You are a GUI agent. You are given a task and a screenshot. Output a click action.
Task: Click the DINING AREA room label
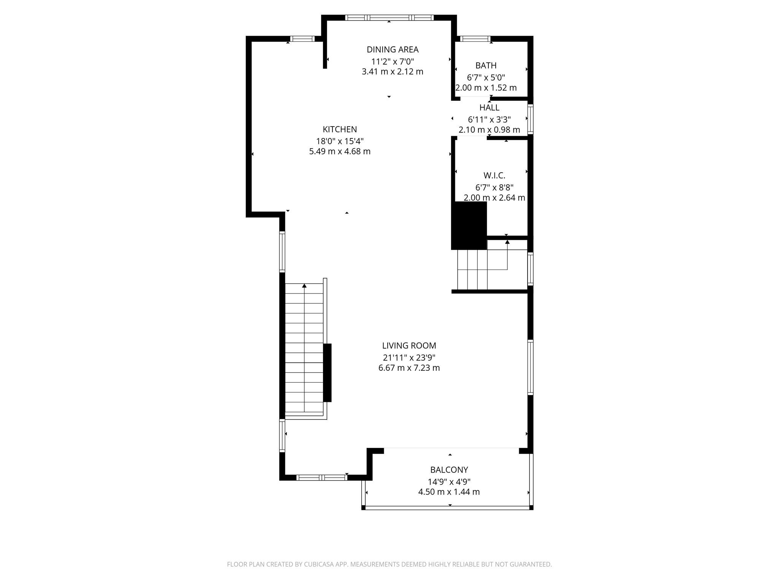tap(392, 49)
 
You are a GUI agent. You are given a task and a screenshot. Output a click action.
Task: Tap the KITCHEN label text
tap(340, 129)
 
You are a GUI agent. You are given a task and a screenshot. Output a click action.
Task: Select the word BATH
tap(486, 65)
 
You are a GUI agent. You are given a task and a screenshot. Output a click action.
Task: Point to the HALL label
tap(489, 108)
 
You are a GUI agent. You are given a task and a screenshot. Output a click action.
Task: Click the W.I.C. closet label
tap(494, 176)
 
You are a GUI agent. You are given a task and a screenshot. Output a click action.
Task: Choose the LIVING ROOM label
tap(409, 346)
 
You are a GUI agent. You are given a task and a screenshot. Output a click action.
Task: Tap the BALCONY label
tap(449, 470)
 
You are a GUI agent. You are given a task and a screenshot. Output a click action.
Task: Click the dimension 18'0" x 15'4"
tap(340, 141)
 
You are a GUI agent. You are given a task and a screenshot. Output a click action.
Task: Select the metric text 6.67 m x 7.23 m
tap(409, 368)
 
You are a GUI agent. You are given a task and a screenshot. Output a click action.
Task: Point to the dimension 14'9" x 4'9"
tap(449, 482)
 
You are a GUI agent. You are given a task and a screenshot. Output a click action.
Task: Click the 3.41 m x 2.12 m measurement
tap(392, 72)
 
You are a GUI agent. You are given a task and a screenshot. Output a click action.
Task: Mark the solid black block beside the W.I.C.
tap(469, 225)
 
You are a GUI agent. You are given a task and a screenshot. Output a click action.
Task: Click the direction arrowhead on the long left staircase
tap(304, 286)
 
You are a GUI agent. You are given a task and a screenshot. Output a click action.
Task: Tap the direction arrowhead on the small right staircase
tap(507, 242)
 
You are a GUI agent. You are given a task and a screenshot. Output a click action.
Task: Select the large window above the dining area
tap(389, 17)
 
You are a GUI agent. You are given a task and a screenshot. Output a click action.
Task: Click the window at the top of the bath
tap(475, 38)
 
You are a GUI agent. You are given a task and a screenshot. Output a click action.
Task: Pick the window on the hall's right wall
tap(530, 119)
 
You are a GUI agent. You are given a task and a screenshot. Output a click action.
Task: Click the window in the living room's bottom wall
tap(321, 478)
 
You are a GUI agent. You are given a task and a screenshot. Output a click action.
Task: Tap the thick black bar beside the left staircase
tap(327, 373)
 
